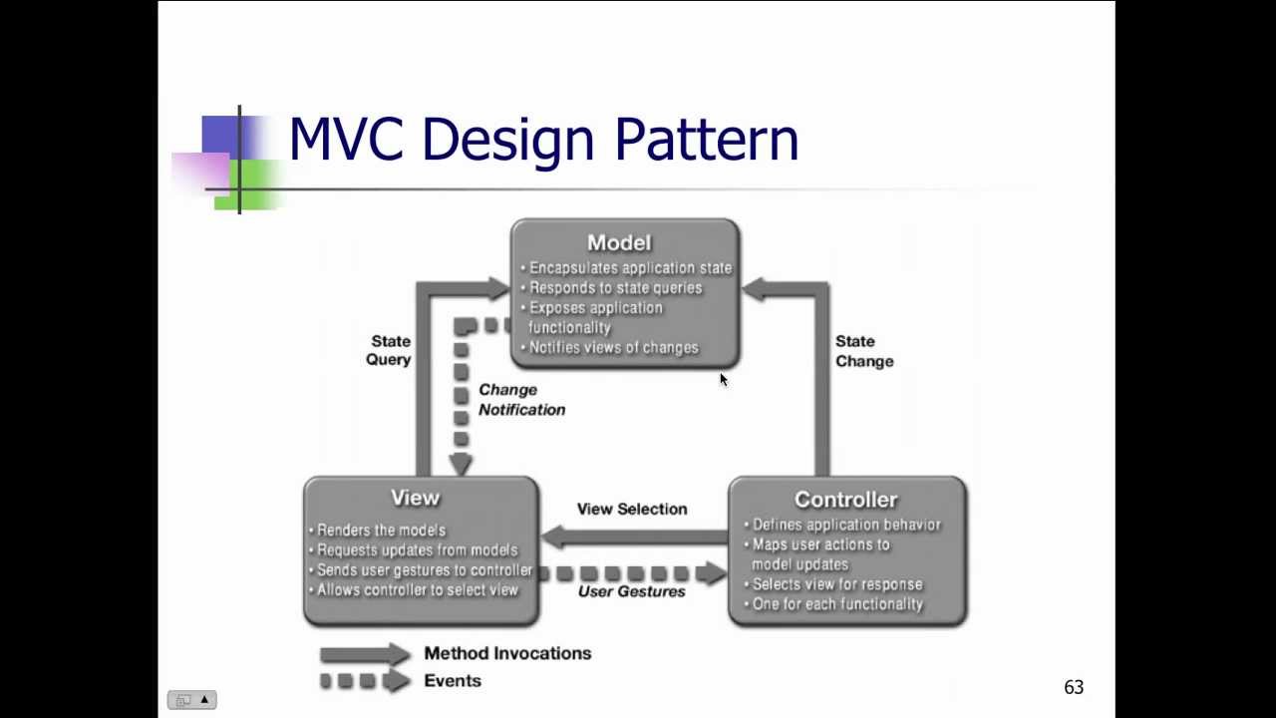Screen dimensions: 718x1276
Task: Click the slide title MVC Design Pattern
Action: point(543,140)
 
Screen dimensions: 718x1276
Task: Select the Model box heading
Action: point(619,242)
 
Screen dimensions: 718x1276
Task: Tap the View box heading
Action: point(415,498)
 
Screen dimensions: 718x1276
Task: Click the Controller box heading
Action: point(845,500)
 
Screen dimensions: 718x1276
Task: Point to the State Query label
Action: point(390,350)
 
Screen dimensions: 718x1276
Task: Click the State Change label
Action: point(863,351)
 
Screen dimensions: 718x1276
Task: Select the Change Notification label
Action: point(520,399)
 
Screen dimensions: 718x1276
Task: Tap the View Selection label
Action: point(631,509)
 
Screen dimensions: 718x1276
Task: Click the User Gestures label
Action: point(631,591)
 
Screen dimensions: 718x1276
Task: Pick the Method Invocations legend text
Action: point(507,653)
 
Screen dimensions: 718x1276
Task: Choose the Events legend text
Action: point(453,680)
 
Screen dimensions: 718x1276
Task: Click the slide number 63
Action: point(1073,687)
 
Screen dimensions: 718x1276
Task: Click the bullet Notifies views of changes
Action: point(613,348)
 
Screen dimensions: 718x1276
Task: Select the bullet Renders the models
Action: point(381,531)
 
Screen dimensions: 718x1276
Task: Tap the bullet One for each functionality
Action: point(837,604)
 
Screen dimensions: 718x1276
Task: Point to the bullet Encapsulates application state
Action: point(630,268)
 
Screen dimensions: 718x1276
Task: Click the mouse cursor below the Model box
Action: point(724,380)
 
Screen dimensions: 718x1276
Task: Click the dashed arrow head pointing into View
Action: point(461,465)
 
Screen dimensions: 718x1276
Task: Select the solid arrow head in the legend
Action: point(399,654)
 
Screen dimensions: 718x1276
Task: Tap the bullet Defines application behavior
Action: point(845,525)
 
